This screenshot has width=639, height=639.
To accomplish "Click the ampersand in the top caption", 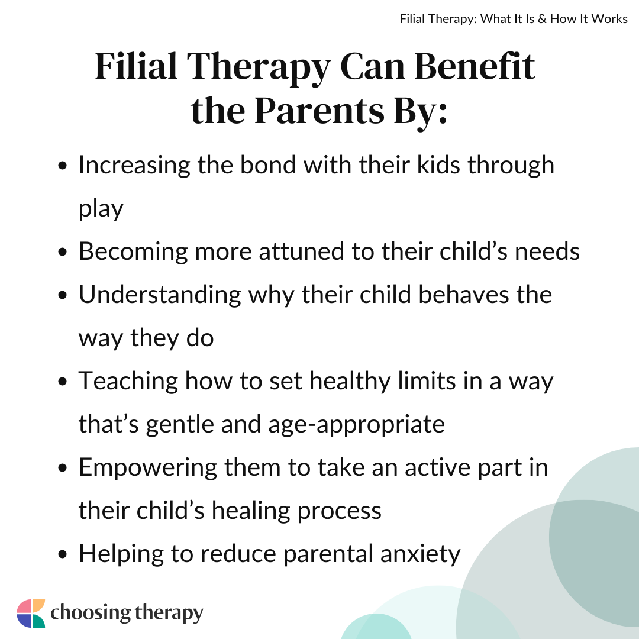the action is coord(542,19).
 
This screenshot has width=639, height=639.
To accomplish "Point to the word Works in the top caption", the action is coord(609,19).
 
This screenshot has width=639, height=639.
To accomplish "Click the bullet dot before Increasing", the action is coord(62,166).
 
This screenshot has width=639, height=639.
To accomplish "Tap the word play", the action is coord(101,209).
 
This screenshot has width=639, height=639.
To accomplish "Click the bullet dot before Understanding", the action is coord(62,295).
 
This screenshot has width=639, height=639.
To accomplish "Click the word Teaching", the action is coord(128,381).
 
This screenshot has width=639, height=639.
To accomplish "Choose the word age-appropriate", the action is coord(357,425).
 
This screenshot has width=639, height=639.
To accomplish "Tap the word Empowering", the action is coord(147,467).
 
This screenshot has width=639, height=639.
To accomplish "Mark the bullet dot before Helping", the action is coord(62,554).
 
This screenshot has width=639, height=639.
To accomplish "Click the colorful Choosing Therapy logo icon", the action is coord(31,614).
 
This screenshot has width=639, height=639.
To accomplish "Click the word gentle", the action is coord(180,425).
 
